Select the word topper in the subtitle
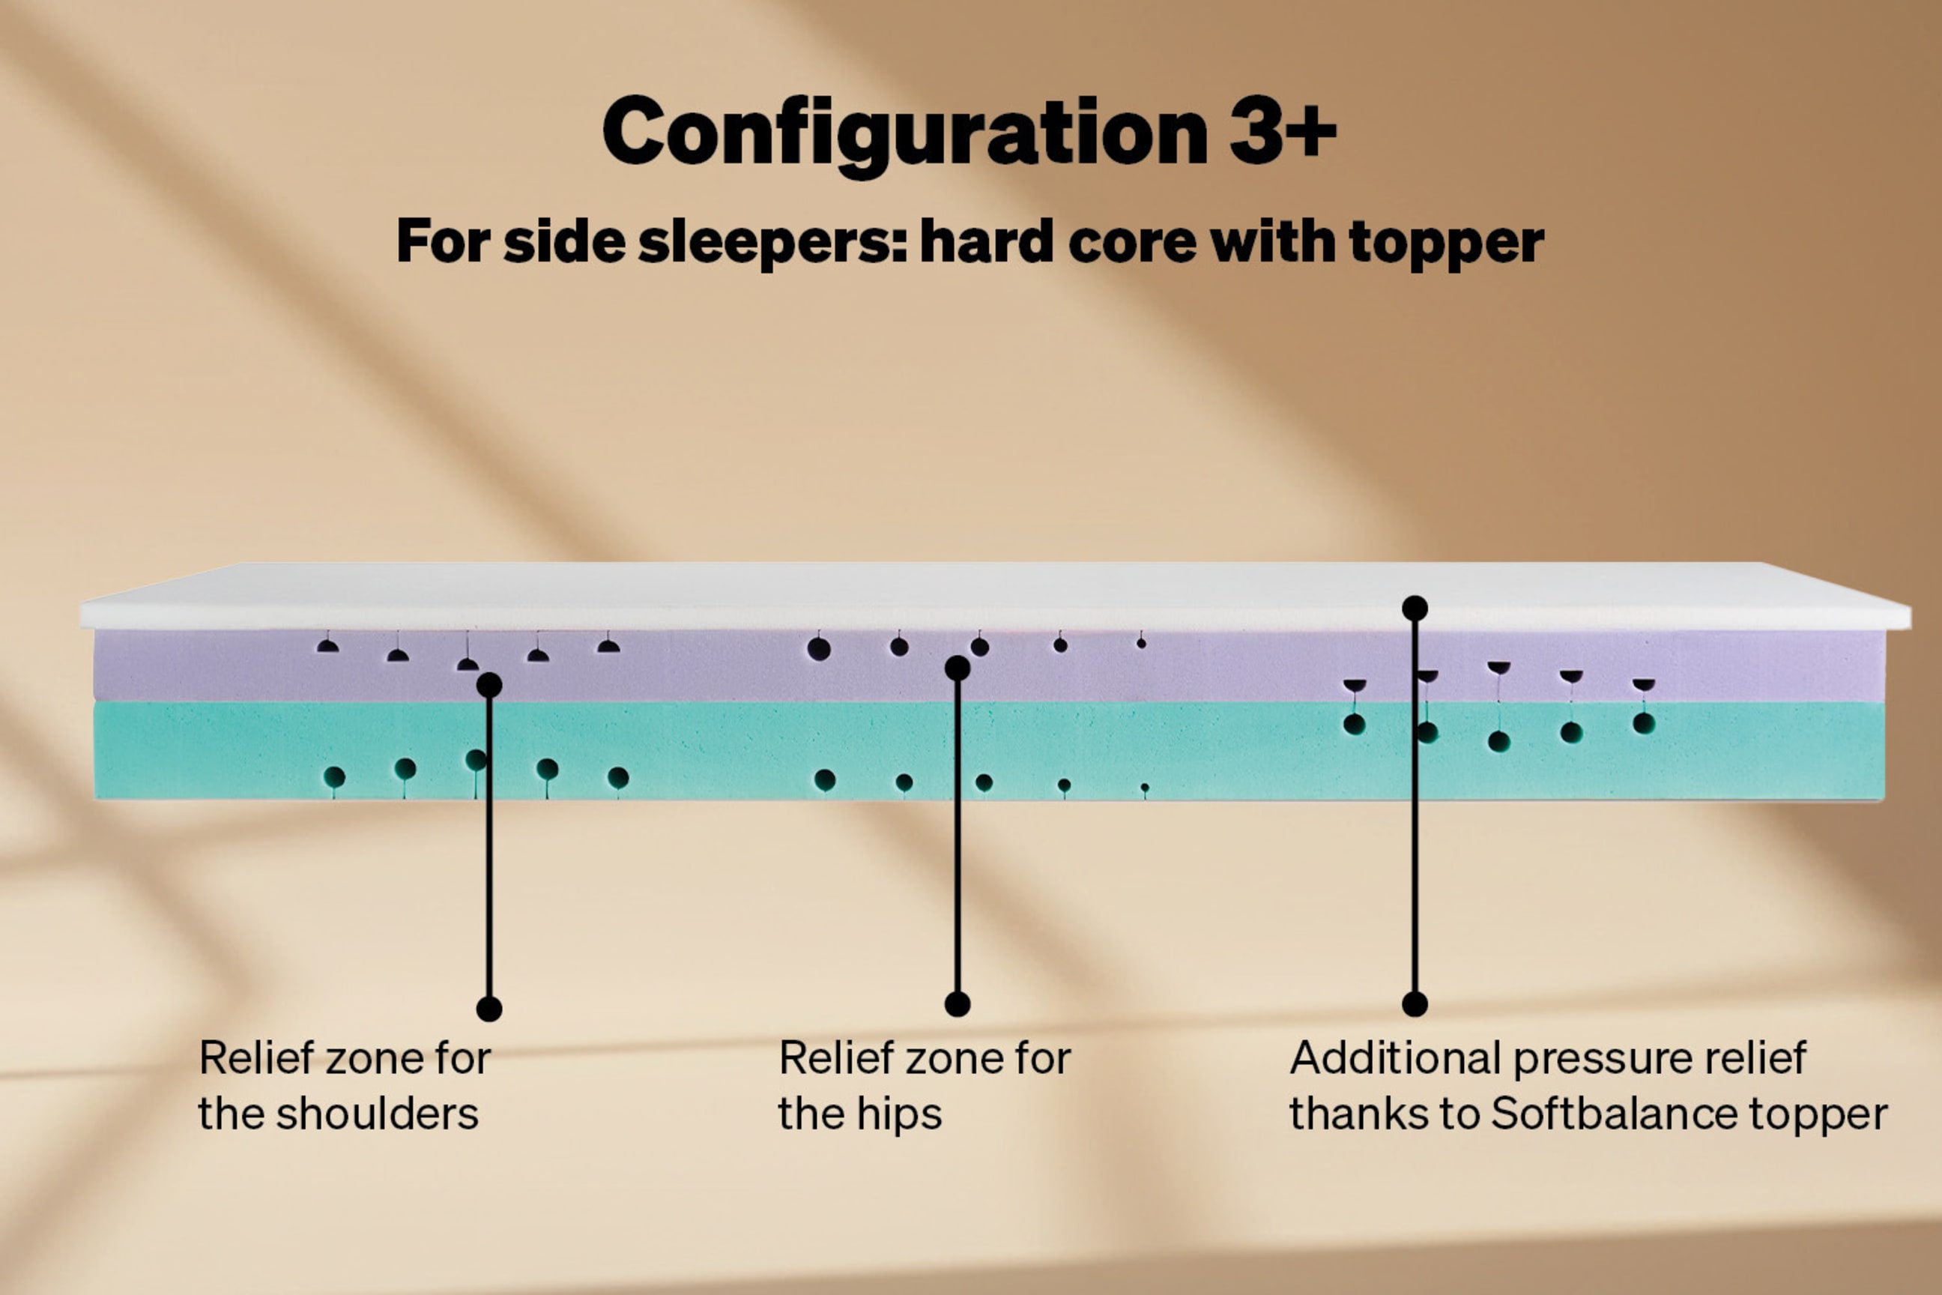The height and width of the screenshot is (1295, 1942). coord(1446,244)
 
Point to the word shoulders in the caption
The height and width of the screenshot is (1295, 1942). coord(377,1114)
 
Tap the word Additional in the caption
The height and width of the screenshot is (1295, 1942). coord(1394,1058)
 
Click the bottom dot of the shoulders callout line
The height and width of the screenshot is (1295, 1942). coord(490,1009)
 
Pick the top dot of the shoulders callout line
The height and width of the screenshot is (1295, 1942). coord(490,685)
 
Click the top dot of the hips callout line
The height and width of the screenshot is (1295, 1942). coord(957,668)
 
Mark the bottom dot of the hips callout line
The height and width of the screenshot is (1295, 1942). coord(957,1004)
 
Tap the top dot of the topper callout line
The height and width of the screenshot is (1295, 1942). coord(1415,609)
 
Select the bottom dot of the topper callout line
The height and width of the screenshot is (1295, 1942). coord(1415,1004)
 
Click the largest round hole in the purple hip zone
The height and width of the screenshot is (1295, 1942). coord(819,649)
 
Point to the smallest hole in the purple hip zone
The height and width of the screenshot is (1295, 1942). coord(1141,642)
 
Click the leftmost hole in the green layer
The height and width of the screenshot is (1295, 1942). coord(334,777)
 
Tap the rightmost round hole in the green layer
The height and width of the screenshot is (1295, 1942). coord(1644,723)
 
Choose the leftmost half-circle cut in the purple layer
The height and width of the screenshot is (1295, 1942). coord(328,647)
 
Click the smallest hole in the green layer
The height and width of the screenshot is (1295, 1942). coord(1144,788)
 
